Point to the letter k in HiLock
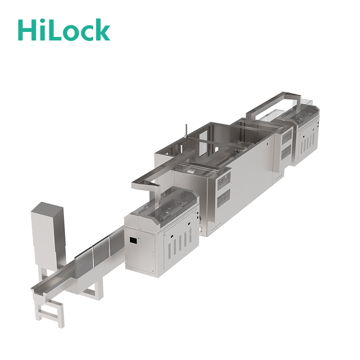[x=102, y=29]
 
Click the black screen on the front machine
[x=133, y=240]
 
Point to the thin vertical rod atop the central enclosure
[x=186, y=131]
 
